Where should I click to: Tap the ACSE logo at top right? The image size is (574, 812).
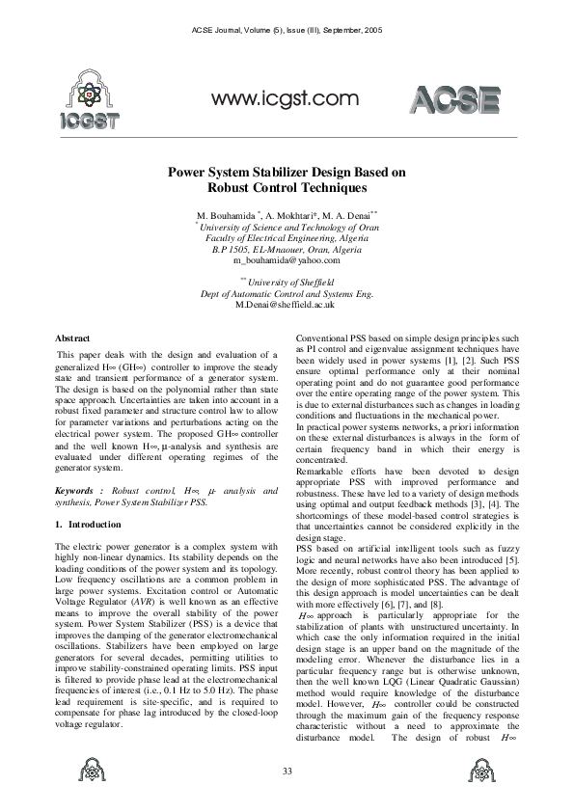[x=456, y=101]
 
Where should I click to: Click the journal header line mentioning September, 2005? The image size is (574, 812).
[x=287, y=32]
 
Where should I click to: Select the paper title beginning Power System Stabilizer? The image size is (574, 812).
[x=287, y=180]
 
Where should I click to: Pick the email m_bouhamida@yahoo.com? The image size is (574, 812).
[x=287, y=259]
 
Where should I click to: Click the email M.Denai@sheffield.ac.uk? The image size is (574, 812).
[x=287, y=304]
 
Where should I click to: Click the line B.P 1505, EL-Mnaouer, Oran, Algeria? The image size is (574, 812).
[x=287, y=248]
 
